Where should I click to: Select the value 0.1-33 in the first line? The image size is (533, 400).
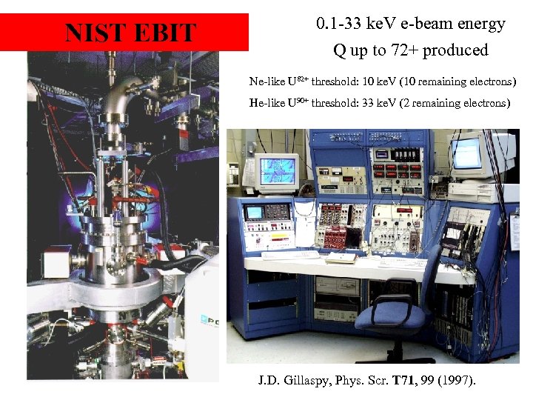coord(341,24)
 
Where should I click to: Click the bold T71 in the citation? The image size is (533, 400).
coord(403,381)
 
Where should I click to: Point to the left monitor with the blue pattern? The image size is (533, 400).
coord(275,171)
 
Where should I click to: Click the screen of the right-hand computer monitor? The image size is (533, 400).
coord(469,153)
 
